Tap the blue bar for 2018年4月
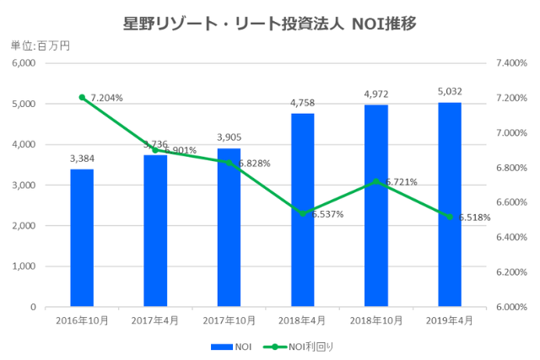[303, 210]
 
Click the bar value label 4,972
[376, 94]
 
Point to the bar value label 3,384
[82, 158]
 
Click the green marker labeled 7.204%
[82, 97]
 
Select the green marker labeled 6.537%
[303, 213]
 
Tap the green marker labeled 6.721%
[376, 181]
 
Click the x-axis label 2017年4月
[155, 321]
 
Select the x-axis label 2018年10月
[376, 321]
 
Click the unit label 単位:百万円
[40, 46]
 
